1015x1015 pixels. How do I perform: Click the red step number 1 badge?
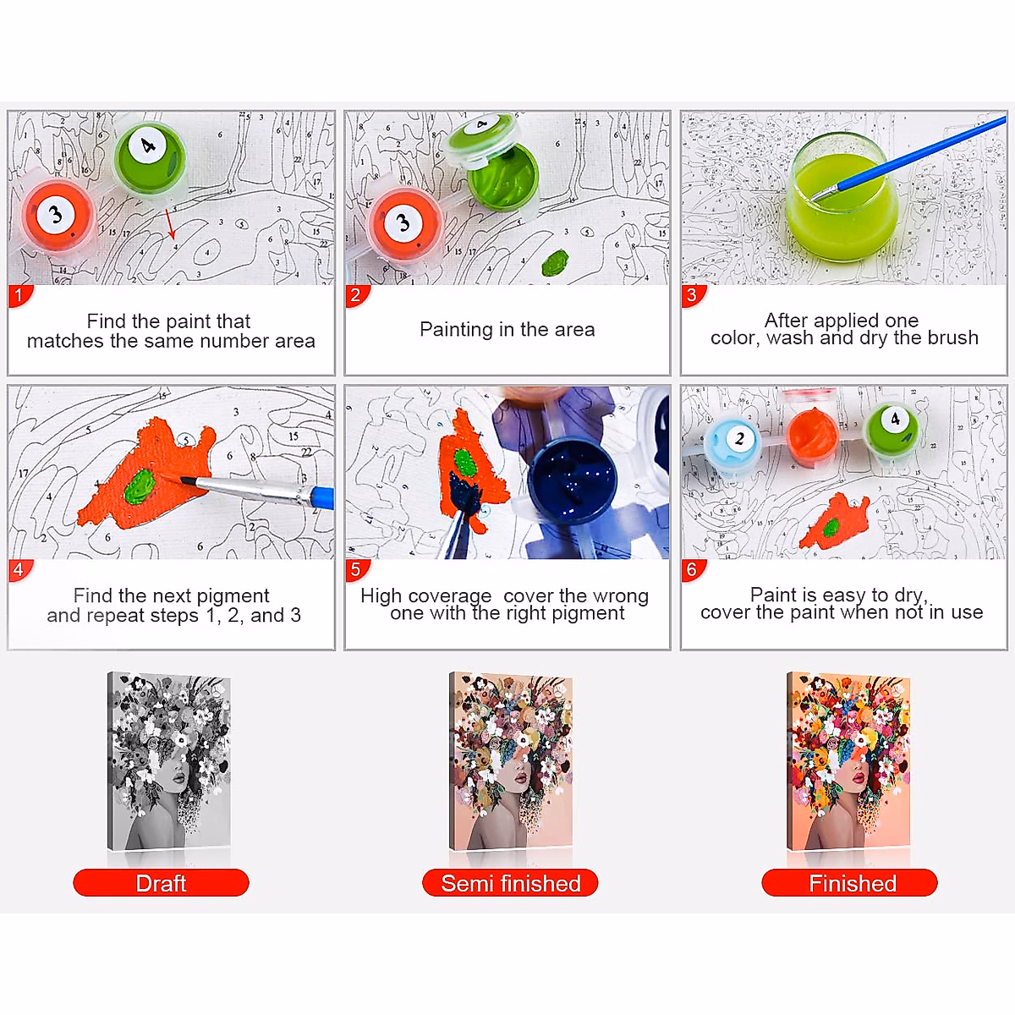(19, 296)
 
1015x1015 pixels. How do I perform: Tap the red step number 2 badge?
(355, 296)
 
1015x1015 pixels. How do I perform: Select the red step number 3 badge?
(692, 296)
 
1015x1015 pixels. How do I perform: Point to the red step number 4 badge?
(19, 570)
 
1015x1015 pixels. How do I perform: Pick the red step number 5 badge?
(355, 570)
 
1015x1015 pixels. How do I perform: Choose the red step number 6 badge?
(692, 570)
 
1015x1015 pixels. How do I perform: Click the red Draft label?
(161, 883)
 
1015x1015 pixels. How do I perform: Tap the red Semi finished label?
(510, 883)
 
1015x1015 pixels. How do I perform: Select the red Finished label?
(850, 883)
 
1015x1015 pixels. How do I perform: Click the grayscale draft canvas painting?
(169, 761)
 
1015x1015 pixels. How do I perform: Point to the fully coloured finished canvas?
(849, 761)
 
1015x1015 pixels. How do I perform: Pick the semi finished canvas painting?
(510, 761)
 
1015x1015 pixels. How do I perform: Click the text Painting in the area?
(507, 330)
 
